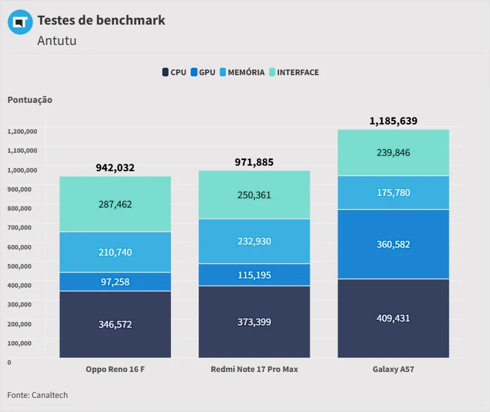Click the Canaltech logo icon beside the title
tap(20, 22)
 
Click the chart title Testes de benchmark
tap(101, 20)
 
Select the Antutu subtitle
tap(57, 41)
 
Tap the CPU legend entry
tap(174, 72)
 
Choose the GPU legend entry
tap(203, 72)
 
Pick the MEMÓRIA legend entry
tap(242, 72)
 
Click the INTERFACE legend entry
tap(294, 72)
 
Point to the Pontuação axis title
tap(30, 100)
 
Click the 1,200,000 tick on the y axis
tap(22, 131)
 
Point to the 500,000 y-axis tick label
tap(19, 266)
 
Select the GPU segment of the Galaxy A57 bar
tap(393, 244)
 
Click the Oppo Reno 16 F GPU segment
tap(115, 282)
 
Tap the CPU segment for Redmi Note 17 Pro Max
tap(254, 322)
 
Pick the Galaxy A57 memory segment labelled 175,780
tap(393, 193)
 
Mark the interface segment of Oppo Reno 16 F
tap(115, 204)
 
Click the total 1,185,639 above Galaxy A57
tap(393, 121)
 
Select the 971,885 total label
tap(254, 162)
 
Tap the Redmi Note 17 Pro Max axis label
tap(254, 370)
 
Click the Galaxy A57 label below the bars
tap(393, 370)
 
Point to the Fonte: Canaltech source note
tap(38, 395)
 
